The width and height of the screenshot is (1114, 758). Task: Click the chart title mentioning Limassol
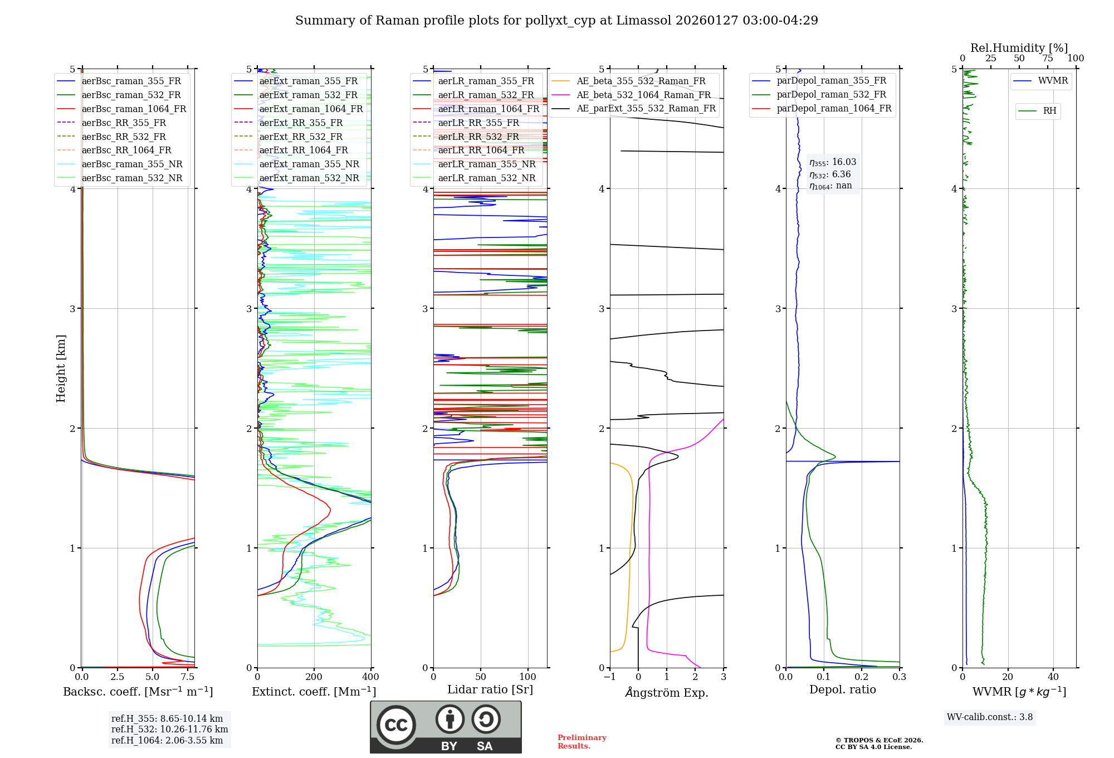556,21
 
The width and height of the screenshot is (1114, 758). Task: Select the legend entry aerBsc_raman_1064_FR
134,109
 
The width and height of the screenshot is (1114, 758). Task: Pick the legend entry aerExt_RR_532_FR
301,137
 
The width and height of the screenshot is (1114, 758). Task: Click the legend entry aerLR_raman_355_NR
486,164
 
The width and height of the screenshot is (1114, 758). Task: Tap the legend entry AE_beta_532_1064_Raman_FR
643,95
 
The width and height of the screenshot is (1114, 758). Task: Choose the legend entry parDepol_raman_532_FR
831,95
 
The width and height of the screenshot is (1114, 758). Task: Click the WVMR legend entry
1053,81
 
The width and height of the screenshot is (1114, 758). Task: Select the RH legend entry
1049,111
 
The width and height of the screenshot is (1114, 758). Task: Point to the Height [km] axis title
61,368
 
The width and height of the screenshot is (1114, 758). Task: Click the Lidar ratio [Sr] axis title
490,690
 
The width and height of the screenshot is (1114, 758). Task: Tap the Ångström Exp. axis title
667,693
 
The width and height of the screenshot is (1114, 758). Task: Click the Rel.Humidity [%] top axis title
1019,48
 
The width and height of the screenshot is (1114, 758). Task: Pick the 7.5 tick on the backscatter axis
188,677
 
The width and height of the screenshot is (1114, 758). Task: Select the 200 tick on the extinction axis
314,677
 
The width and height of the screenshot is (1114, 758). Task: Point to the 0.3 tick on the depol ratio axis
899,677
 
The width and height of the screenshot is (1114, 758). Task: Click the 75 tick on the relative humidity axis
1047,59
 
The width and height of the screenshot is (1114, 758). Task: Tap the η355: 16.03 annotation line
833,162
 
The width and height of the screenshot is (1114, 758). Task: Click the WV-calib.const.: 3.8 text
990,717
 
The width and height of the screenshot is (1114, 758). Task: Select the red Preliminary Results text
582,742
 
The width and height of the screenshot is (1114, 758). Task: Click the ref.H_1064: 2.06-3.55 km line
167,741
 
